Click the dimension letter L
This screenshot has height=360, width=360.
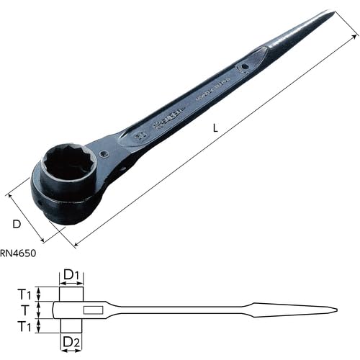[x=216, y=128]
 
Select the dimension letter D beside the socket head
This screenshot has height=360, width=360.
[x=17, y=225]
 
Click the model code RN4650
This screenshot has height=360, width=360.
[x=18, y=253]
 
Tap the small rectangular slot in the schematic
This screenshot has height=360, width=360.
[x=94, y=310]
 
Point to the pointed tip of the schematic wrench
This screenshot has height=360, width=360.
[x=336, y=310]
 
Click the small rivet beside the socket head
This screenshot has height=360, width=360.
[x=106, y=153]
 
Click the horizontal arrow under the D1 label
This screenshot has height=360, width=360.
[x=71, y=285]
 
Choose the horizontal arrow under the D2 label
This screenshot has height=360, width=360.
[x=71, y=351]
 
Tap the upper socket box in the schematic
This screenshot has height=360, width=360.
[x=71, y=294]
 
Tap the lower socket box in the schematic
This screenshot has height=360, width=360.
[x=71, y=326]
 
